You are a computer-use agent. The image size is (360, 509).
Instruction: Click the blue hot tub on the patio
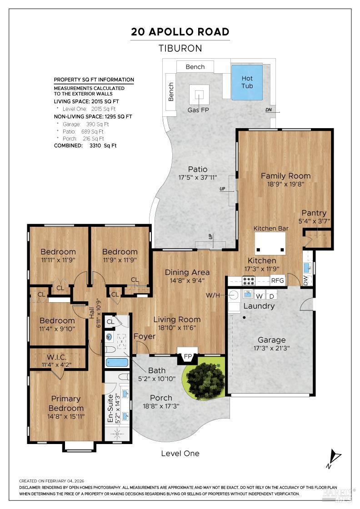(x=247, y=82)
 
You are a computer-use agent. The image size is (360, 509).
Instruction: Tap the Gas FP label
(x=198, y=110)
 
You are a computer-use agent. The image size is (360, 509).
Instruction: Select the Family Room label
(x=285, y=176)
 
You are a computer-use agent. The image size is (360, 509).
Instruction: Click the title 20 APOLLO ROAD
(x=180, y=32)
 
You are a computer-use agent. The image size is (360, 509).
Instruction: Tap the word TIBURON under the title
(x=180, y=48)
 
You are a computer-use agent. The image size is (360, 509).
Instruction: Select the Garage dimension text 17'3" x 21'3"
(x=271, y=348)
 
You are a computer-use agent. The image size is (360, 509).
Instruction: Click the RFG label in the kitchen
(x=278, y=280)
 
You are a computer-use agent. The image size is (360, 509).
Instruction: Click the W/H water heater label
(x=213, y=295)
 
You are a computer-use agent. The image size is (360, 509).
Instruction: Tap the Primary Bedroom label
(x=66, y=403)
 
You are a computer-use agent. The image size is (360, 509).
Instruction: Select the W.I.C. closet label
(x=56, y=357)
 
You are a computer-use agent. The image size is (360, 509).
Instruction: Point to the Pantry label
(x=314, y=213)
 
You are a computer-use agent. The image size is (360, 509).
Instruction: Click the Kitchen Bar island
(x=270, y=244)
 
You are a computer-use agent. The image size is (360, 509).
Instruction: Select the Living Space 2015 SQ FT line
(x=86, y=101)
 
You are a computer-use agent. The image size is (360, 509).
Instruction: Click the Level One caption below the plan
(x=180, y=454)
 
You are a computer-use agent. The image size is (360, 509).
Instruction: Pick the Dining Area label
(x=187, y=272)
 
